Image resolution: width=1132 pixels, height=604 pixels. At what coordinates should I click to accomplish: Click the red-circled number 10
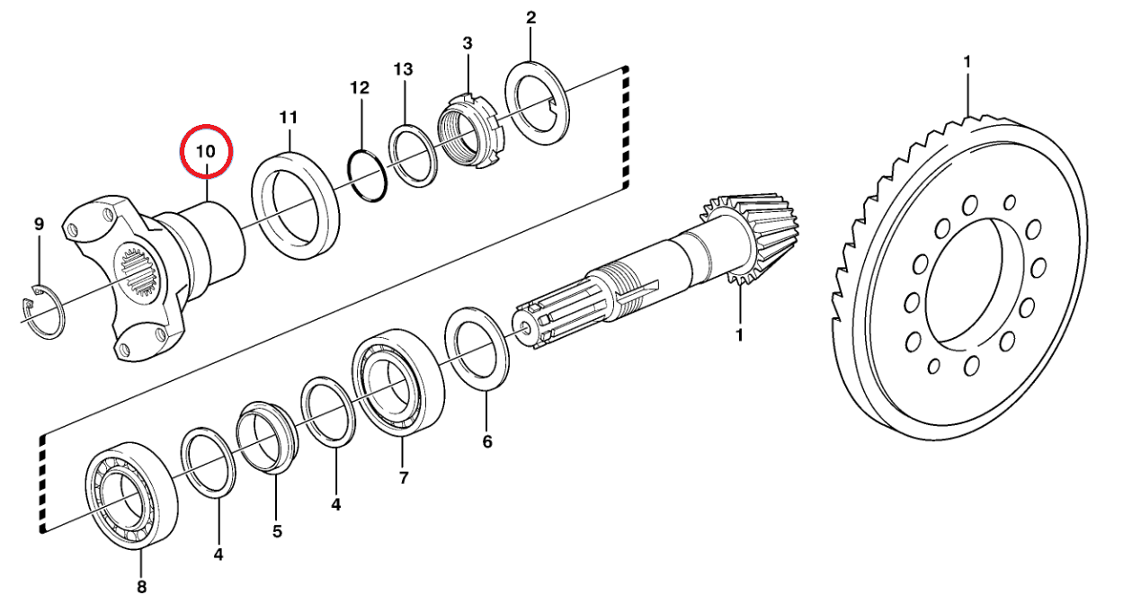[x=207, y=151]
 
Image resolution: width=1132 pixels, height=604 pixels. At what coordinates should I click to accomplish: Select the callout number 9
[x=39, y=224]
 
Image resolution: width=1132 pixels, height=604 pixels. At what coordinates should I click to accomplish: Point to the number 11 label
[x=288, y=118]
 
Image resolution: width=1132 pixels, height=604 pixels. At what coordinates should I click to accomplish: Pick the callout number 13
[x=403, y=70]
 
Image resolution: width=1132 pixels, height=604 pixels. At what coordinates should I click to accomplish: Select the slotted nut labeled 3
[x=469, y=131]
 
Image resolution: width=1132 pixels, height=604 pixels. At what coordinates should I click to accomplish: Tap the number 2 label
[x=530, y=17]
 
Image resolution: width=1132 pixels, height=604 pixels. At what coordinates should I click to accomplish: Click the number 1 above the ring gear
[x=967, y=62]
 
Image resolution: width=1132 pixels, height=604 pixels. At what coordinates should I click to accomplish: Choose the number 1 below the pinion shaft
[x=740, y=335]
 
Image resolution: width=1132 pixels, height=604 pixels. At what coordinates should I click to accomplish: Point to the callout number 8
[x=140, y=588]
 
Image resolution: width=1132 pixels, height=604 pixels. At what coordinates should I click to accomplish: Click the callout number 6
[x=487, y=442]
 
